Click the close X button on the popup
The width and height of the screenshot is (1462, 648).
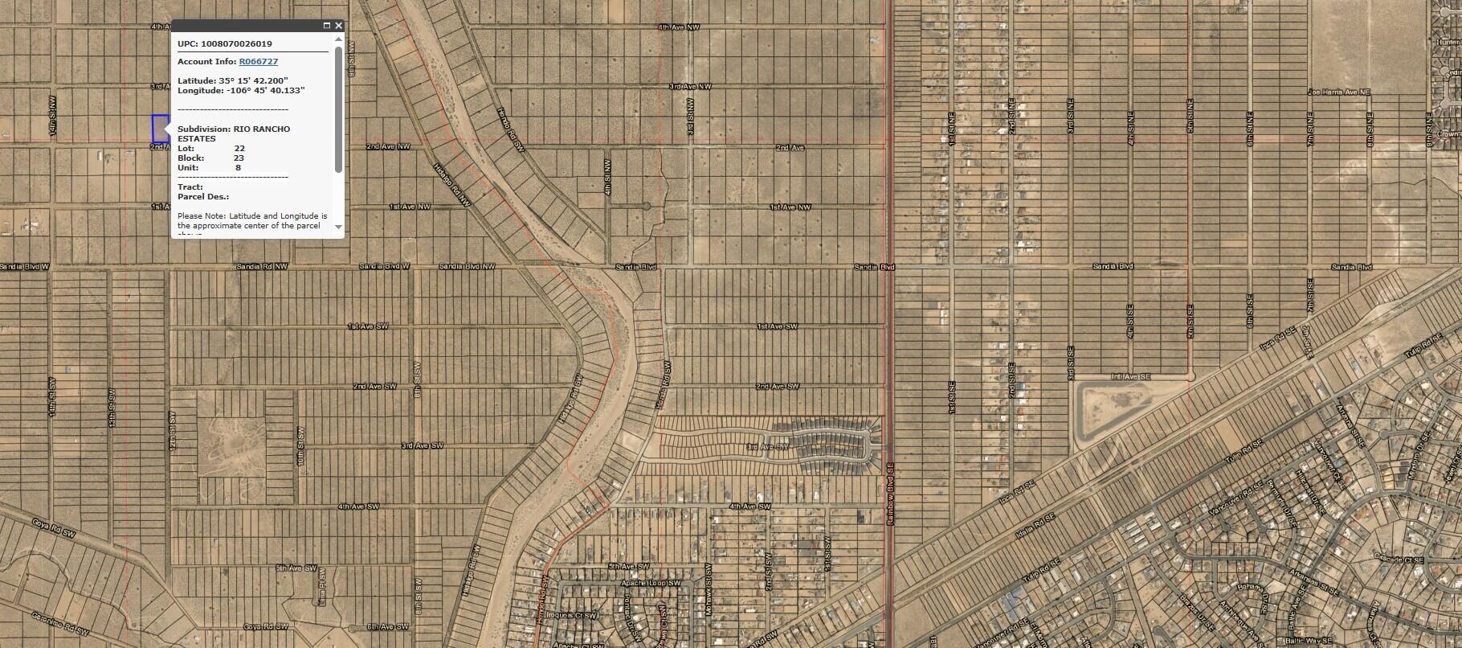(x=338, y=26)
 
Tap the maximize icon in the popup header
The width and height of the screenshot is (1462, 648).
(x=326, y=26)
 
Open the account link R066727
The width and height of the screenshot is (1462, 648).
(x=259, y=61)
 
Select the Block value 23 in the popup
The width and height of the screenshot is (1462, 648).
(x=239, y=158)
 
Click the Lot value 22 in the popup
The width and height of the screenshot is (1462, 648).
(x=239, y=149)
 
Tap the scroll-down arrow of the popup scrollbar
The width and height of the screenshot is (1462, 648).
(x=338, y=228)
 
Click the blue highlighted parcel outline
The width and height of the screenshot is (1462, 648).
(x=160, y=129)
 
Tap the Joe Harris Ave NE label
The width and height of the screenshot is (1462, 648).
(x=1338, y=92)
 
